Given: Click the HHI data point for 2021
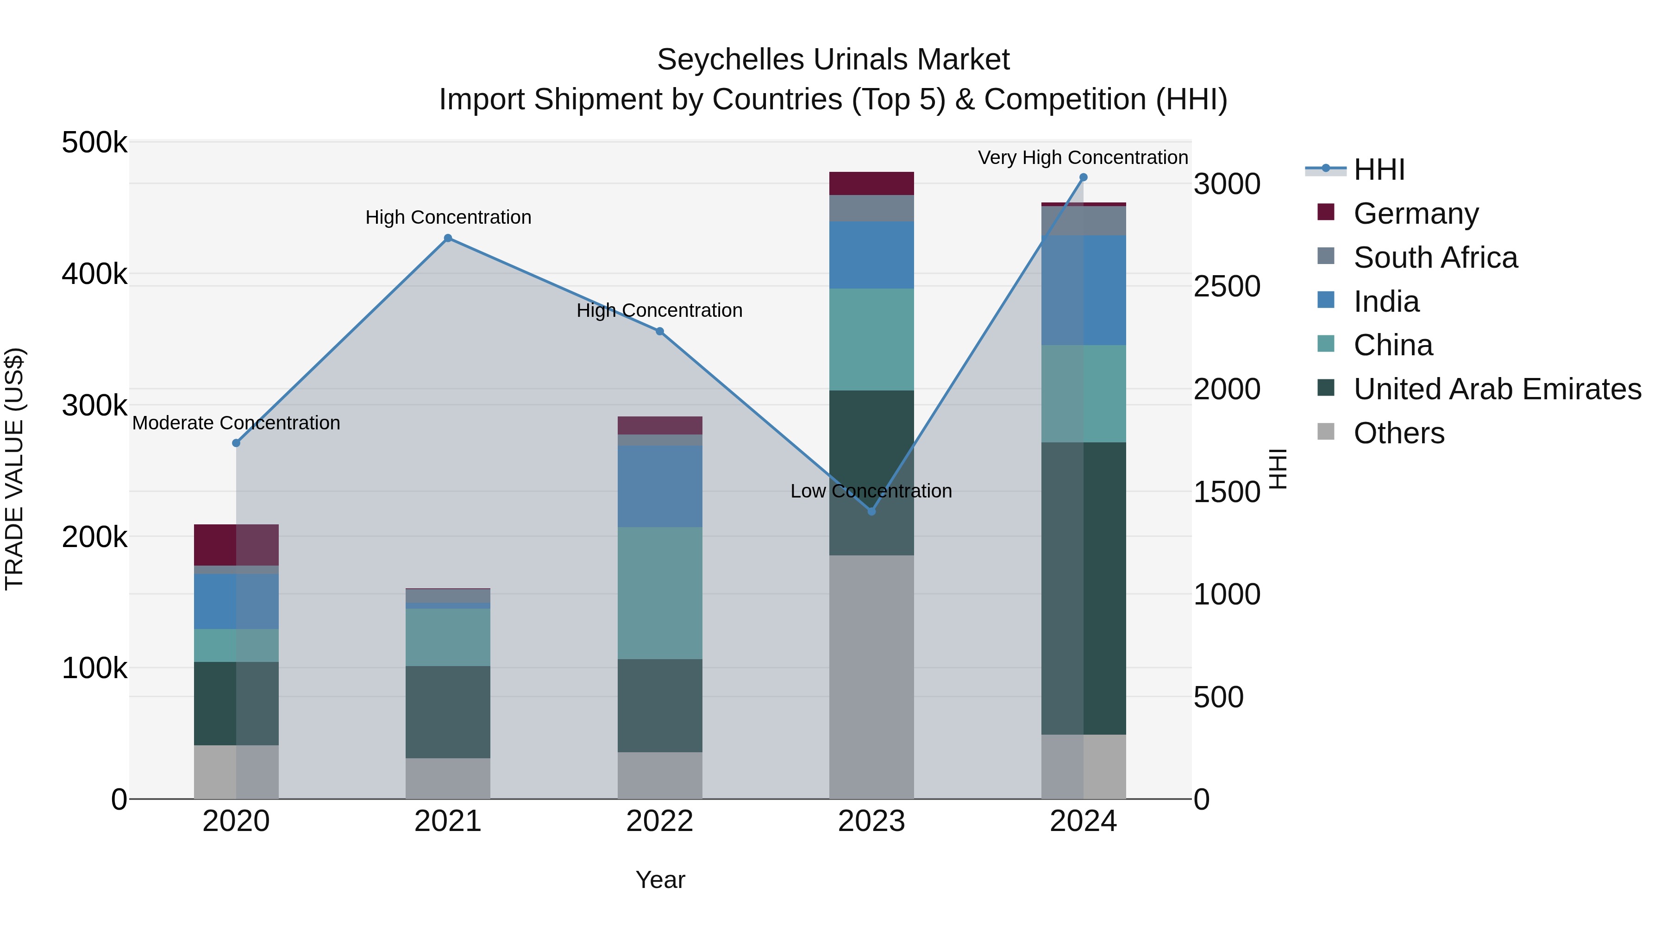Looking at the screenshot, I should click(x=448, y=238).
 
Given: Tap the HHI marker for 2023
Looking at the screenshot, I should click(x=871, y=511).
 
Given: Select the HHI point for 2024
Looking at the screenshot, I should click(x=1083, y=177).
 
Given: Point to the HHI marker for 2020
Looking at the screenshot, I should click(x=236, y=443).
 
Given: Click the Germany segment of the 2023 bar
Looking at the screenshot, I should click(x=871, y=184).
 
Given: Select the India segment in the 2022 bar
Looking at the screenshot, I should click(x=659, y=486).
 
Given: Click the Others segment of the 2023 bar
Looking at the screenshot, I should click(x=871, y=676).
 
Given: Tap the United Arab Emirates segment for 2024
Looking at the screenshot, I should click(x=1083, y=588).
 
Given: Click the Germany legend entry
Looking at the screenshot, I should click(x=1416, y=214).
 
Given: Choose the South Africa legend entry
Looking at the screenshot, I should click(x=1435, y=258).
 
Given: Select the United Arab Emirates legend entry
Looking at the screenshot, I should click(x=1497, y=389).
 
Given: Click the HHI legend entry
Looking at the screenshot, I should click(x=1379, y=170).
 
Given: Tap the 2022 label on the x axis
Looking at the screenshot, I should click(x=659, y=821).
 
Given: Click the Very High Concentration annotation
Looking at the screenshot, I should click(x=1083, y=157).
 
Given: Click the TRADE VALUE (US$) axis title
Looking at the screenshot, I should click(x=14, y=469).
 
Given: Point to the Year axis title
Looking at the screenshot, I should click(x=660, y=880).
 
